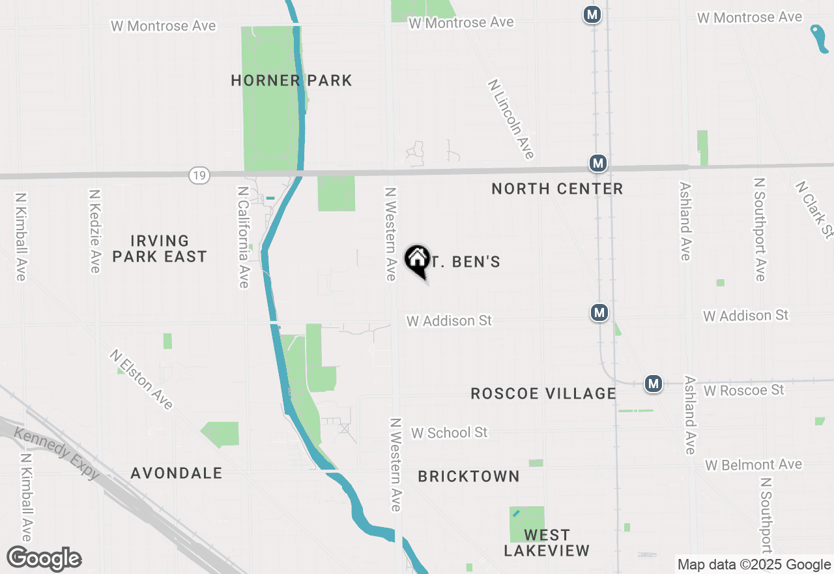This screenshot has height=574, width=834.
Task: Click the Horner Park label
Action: [x=291, y=81]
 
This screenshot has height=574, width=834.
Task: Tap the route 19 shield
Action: [x=200, y=175]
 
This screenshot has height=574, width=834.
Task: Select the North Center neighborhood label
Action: [x=557, y=189]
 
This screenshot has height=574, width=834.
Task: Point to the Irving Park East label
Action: [x=160, y=249]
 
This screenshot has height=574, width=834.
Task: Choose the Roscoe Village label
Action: [x=543, y=393]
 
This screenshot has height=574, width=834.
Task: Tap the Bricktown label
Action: [x=468, y=477]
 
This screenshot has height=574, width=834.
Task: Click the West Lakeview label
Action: [x=547, y=543]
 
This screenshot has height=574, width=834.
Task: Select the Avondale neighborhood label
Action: [x=177, y=474]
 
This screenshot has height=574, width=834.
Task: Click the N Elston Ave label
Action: [x=141, y=380]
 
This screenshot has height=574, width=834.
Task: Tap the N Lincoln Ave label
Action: [x=511, y=119]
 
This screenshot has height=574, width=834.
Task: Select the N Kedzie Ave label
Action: [x=95, y=231]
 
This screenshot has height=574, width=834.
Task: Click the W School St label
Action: [x=450, y=432]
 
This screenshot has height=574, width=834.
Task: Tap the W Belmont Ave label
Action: [x=753, y=465]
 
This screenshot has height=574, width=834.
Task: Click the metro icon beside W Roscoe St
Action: [x=654, y=384]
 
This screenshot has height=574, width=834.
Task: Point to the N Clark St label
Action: [x=814, y=209]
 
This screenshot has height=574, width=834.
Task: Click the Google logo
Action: [x=44, y=558]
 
